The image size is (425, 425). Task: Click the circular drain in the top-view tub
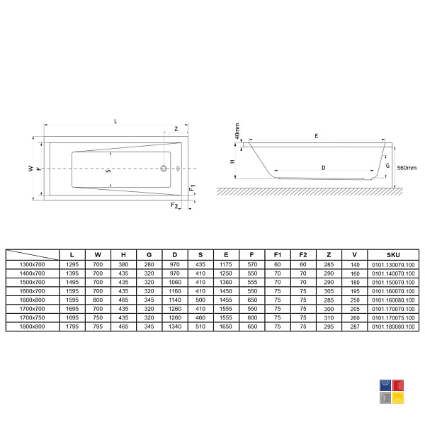(164, 169)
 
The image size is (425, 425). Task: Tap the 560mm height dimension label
(407, 168)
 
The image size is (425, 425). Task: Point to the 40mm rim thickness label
(237, 131)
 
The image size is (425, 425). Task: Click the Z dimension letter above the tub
(176, 129)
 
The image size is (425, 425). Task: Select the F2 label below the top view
(174, 205)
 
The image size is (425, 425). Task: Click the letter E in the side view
(317, 136)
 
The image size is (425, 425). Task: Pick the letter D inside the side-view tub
(324, 168)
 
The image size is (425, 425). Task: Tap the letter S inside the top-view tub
(108, 171)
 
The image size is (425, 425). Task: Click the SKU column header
(393, 255)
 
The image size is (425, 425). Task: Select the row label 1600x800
(33, 300)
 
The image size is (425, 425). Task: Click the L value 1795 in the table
(72, 327)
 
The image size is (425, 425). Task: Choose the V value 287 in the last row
(355, 327)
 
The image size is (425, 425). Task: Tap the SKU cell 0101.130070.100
(393, 264)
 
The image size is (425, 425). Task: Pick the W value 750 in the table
(98, 317)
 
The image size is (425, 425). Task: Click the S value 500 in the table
(200, 300)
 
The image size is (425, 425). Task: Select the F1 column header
(277, 255)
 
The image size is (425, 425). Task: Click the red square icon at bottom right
(398, 385)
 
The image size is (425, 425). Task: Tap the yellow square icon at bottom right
(398, 398)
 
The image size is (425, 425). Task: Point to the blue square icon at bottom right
(385, 385)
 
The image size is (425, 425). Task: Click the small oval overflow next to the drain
(178, 169)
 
